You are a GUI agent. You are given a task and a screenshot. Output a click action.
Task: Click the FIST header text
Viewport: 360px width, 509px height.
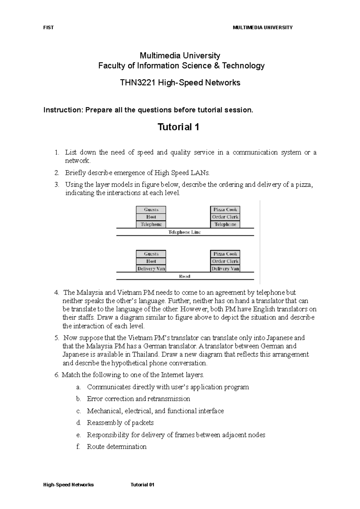(x=48, y=28)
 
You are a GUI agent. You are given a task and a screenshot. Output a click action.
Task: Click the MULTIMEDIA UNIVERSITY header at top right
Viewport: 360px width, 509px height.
(x=262, y=28)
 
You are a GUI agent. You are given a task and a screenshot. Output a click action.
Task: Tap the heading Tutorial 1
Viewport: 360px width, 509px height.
(x=178, y=127)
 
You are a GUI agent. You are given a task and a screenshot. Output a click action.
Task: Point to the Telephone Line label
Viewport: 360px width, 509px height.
(x=184, y=232)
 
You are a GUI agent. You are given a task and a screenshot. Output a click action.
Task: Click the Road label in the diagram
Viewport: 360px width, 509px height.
(x=184, y=276)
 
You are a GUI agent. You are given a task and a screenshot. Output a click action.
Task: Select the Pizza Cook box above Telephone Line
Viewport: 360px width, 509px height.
(x=225, y=210)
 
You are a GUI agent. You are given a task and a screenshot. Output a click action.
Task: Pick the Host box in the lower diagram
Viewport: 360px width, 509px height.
(x=151, y=261)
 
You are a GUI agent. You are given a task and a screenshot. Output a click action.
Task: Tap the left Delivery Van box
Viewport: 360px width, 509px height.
(x=151, y=269)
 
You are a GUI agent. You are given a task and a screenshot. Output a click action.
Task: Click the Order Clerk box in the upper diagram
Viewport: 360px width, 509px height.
(x=225, y=217)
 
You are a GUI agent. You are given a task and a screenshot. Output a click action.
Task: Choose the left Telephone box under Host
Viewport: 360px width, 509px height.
(x=151, y=225)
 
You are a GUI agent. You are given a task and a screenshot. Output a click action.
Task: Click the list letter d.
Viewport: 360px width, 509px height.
(x=79, y=423)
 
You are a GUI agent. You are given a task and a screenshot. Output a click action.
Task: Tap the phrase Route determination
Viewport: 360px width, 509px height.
(x=117, y=447)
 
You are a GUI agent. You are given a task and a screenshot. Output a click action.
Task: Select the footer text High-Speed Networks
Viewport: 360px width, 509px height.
(x=69, y=485)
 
